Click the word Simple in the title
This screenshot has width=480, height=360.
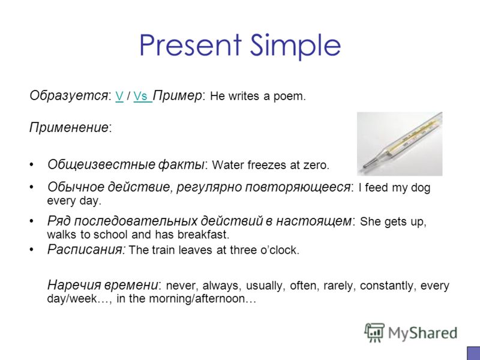click(x=295, y=46)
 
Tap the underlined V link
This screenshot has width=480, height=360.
click(x=119, y=96)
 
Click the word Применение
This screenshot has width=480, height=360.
click(x=69, y=127)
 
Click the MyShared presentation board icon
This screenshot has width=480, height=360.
click(x=374, y=332)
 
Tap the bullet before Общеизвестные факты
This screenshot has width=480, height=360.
click(x=31, y=164)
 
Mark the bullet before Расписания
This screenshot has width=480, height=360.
click(x=31, y=250)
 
